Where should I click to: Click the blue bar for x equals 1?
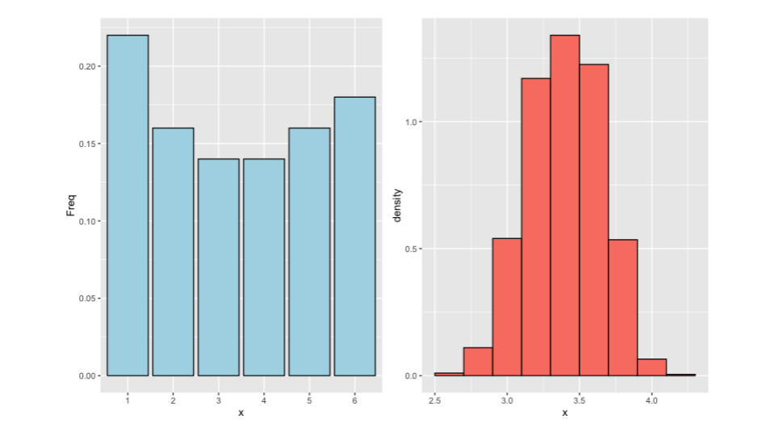(x=128, y=206)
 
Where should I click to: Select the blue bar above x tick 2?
(x=173, y=252)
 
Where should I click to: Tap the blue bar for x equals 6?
(x=355, y=237)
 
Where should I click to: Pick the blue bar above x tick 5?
(x=309, y=252)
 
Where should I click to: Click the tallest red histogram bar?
(x=564, y=206)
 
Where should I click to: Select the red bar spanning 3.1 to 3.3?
(x=535, y=227)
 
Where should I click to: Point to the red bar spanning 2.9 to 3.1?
(x=506, y=307)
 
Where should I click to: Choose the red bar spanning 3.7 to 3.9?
(x=622, y=308)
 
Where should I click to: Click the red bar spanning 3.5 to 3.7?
(x=593, y=220)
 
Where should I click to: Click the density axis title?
(x=397, y=205)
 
